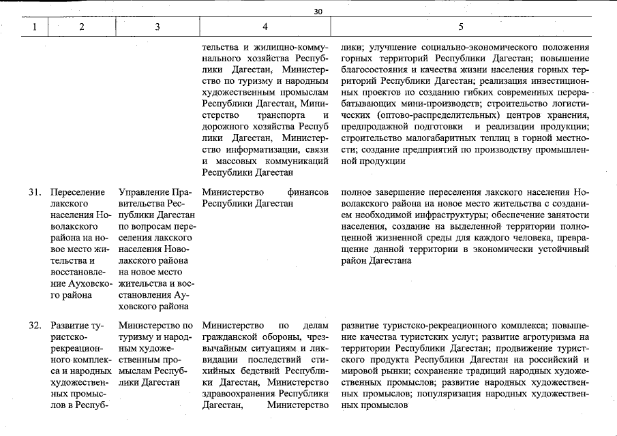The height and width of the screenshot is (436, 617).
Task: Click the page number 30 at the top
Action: pyautogui.click(x=318, y=11)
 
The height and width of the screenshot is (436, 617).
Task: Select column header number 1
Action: pyautogui.click(x=34, y=27)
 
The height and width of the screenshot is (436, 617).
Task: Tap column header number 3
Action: pyautogui.click(x=157, y=27)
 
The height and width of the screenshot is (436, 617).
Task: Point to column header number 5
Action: pyautogui.click(x=461, y=27)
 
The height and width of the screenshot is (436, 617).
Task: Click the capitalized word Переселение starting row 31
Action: pyautogui.click(x=78, y=193)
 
